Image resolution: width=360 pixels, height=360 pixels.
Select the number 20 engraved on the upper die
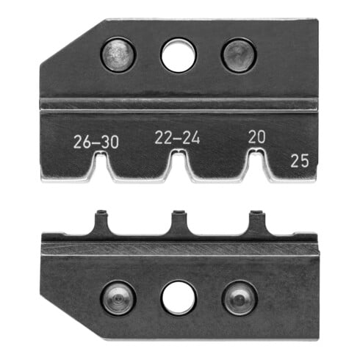click(x=256, y=136)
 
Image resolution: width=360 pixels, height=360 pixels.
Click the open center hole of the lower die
click(x=179, y=298)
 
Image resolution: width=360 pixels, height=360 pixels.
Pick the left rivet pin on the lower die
click(x=118, y=296)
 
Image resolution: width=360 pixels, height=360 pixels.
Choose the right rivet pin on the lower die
click(x=240, y=297)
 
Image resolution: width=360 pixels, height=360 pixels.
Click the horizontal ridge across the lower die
click(x=180, y=248)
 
